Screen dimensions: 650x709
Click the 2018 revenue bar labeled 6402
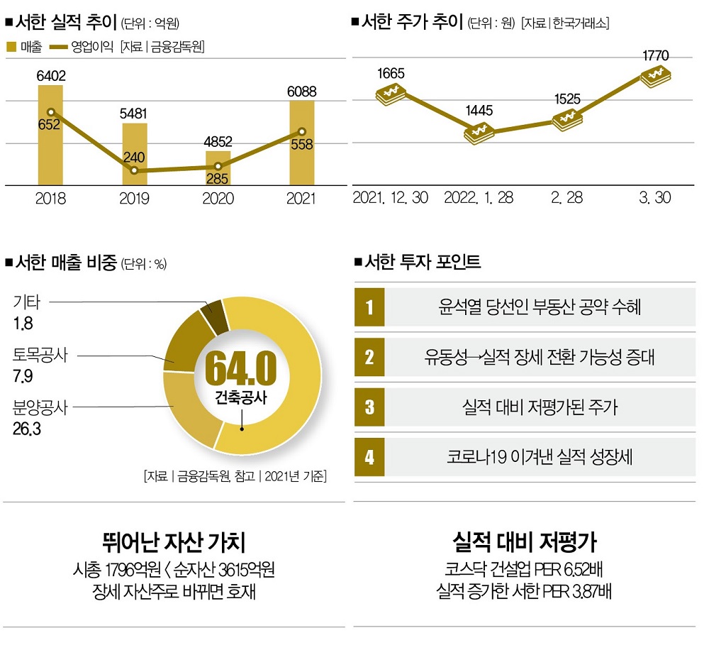(50, 142)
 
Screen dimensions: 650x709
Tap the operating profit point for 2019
(135, 171)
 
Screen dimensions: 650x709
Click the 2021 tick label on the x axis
(301, 199)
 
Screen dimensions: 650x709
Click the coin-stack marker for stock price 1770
(656, 76)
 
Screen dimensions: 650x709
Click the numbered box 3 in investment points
(369, 407)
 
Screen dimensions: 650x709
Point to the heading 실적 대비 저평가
(525, 544)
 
